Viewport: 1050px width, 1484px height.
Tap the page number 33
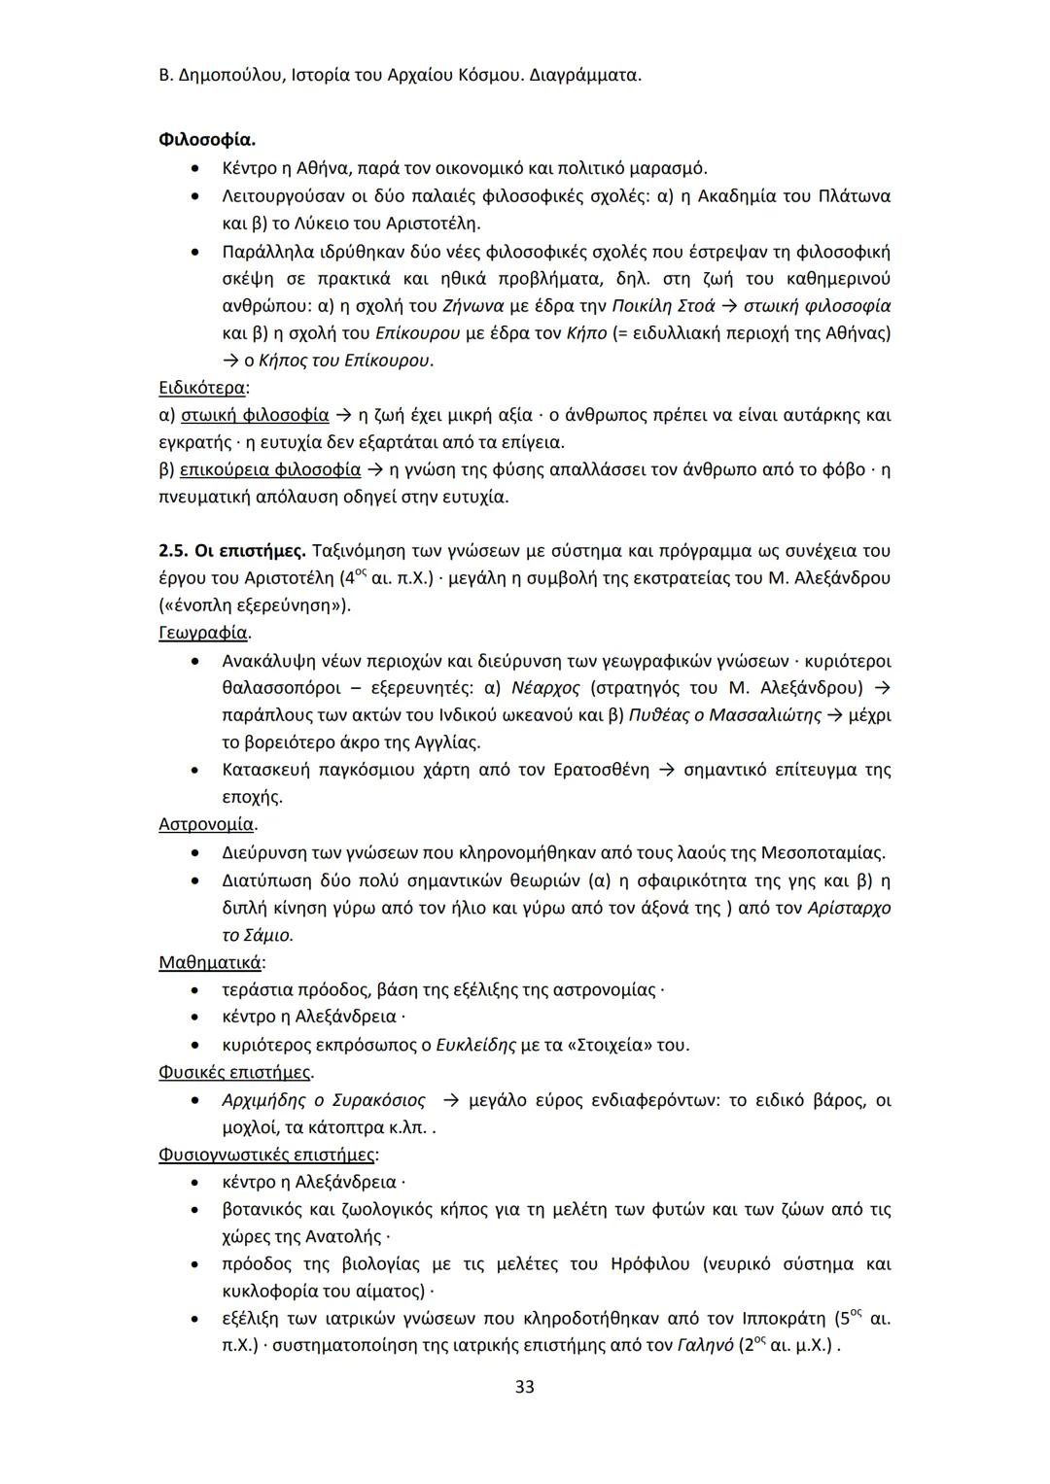click(x=524, y=1386)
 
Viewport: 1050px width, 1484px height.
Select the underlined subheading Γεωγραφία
click(x=203, y=633)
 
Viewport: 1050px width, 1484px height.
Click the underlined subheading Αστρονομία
click(x=207, y=824)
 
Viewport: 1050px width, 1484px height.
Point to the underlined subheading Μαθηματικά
click(x=210, y=962)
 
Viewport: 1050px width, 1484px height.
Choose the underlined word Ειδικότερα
click(x=202, y=388)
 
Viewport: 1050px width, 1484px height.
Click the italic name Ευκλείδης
click(x=475, y=1045)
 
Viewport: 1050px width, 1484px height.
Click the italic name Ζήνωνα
click(x=475, y=306)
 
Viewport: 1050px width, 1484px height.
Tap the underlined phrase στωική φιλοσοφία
click(x=255, y=415)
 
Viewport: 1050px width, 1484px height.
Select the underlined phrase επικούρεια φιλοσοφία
click(x=271, y=470)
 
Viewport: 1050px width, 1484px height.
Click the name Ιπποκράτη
click(x=784, y=1319)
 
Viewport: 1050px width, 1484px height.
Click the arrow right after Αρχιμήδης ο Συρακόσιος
click(x=450, y=1100)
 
